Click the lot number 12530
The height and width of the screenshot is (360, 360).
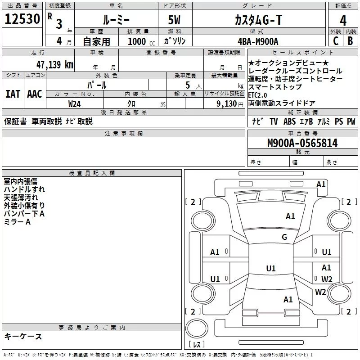(22, 19)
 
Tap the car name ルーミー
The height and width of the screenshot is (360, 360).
(116, 20)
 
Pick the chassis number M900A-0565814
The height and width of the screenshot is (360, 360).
(302, 143)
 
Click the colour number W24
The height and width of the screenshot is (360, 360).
(75, 103)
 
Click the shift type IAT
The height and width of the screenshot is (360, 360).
(13, 94)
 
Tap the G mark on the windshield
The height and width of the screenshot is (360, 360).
(284, 237)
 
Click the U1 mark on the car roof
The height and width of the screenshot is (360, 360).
(270, 268)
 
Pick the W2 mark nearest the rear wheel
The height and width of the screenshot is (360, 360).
(320, 292)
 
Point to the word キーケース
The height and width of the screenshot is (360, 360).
(23, 337)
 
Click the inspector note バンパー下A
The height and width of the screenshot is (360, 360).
(24, 213)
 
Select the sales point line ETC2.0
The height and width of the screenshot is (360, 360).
(257, 95)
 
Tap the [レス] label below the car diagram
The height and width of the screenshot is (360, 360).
(197, 345)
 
